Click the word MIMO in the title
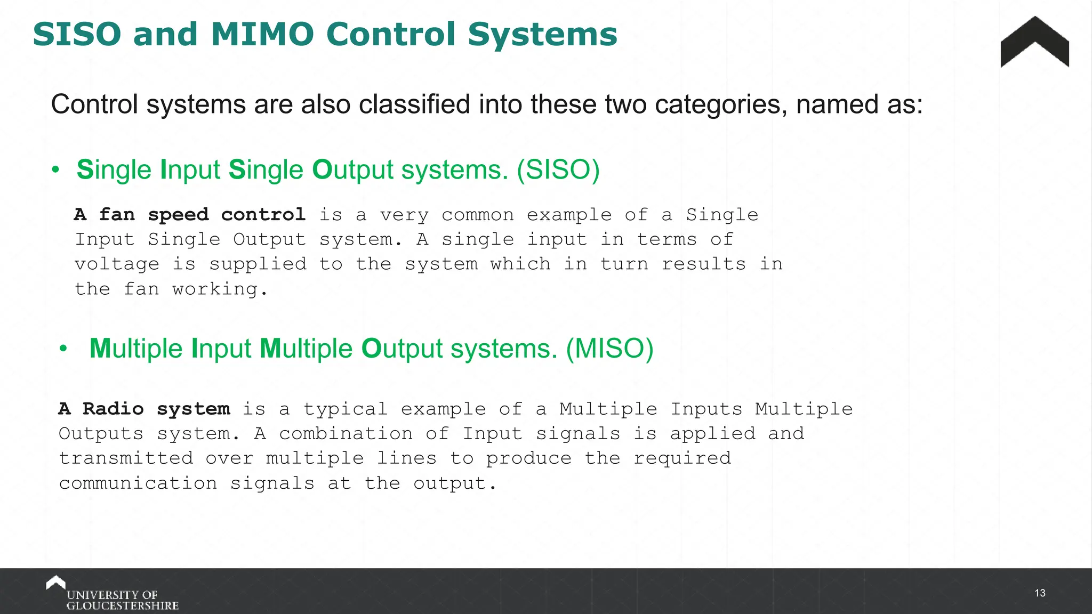coord(262,35)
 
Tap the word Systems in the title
coord(542,35)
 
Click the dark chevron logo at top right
coord(1034,43)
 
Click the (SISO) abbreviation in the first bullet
coord(558,170)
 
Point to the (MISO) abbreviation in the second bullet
coord(609,349)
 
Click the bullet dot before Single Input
coord(55,171)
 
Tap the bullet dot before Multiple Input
coord(63,350)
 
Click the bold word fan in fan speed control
coord(117,215)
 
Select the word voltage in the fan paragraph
coord(117,264)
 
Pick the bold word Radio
coord(113,409)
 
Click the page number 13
coord(1040,593)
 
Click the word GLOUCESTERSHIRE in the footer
coord(122,606)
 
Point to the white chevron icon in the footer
coord(55,582)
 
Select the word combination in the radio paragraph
coord(346,434)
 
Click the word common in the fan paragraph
coord(478,215)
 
